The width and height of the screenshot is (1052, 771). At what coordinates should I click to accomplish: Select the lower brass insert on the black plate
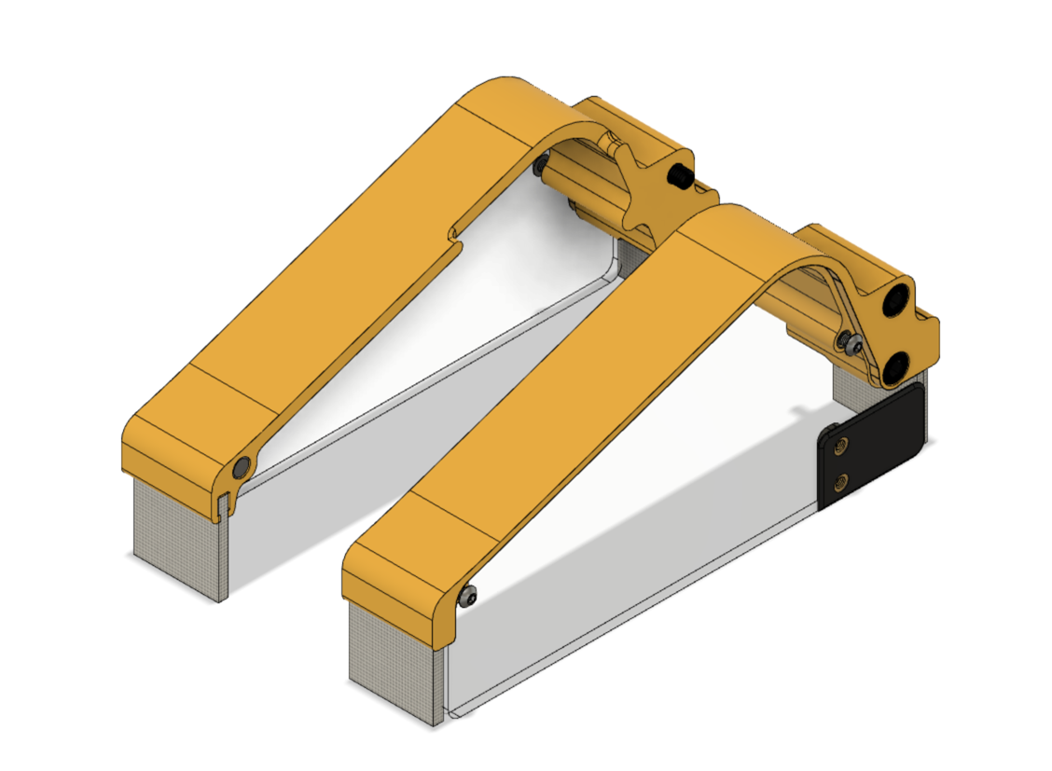(843, 482)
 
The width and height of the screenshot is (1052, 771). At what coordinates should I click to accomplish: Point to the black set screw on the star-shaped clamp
(681, 176)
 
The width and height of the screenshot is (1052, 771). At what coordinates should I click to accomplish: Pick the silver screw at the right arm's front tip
(468, 596)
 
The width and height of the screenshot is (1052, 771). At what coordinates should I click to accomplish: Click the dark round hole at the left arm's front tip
(242, 465)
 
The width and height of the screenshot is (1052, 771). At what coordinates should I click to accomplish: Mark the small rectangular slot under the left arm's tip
(220, 506)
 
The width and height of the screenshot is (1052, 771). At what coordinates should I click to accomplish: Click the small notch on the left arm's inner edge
(455, 227)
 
